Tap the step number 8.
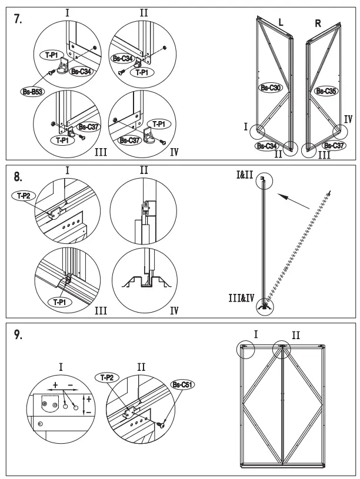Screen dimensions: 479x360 point(18,176)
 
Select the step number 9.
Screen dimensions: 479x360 point(18,336)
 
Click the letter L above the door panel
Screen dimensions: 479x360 point(281,22)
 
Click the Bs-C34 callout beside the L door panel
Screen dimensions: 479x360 point(267,146)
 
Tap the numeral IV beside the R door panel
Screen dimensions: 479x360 point(348,119)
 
